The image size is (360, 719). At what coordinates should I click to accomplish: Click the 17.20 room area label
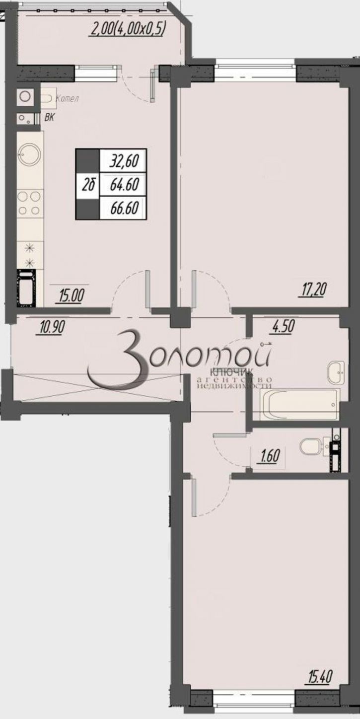[314, 288]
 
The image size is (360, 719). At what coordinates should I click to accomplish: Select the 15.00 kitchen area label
[72, 296]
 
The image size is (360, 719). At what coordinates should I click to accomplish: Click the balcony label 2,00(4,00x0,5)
[128, 29]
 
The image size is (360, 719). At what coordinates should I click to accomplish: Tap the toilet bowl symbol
[311, 446]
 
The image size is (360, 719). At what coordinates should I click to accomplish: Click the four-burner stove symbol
[29, 204]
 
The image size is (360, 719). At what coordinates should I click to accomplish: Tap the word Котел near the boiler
[67, 98]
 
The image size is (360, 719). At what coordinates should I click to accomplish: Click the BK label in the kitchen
[50, 118]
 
